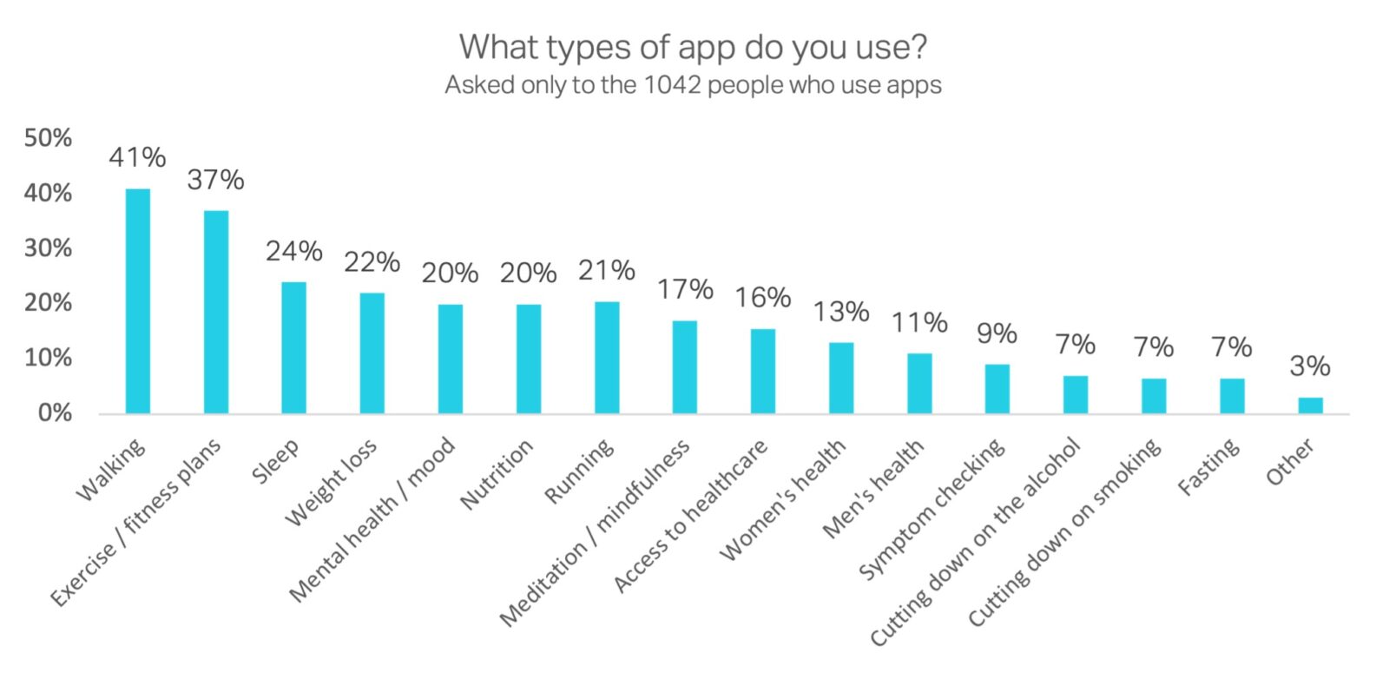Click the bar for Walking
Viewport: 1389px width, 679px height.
click(137, 300)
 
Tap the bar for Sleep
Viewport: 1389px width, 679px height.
click(293, 347)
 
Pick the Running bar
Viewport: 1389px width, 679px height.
click(607, 357)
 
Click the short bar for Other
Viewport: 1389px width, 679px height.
click(1310, 405)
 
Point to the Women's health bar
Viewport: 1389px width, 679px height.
click(841, 378)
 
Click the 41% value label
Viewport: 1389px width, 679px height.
click(137, 157)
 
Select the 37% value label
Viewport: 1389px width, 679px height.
click(215, 180)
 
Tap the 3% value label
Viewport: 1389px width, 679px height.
click(1310, 366)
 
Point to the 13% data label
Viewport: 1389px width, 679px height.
click(841, 311)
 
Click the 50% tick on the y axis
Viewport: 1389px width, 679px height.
click(49, 138)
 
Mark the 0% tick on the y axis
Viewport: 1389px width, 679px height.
click(55, 412)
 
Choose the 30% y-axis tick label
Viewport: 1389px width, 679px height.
click(49, 248)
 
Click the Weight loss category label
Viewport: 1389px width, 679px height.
click(332, 483)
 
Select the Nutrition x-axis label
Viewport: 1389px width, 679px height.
click(497, 474)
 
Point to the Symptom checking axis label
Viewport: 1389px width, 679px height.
click(932, 508)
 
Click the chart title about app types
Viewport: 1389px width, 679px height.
click(693, 47)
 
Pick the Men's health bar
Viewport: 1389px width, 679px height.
click(919, 383)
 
